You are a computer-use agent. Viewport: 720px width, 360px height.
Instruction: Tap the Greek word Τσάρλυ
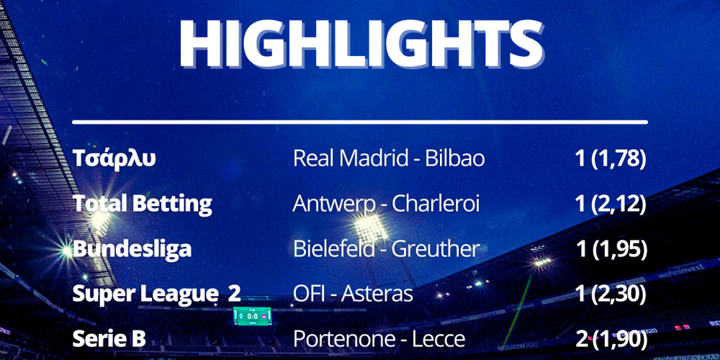[x=114, y=159]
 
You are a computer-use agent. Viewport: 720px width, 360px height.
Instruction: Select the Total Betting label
[x=143, y=204]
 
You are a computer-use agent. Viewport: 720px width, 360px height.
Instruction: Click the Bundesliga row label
[x=132, y=249]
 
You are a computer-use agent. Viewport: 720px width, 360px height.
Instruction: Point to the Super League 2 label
[x=156, y=294]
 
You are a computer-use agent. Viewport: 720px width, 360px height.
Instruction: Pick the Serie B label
[x=109, y=339]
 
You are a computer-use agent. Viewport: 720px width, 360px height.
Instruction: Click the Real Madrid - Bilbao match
[x=389, y=159]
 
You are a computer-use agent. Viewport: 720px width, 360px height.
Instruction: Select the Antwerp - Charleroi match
[x=386, y=204]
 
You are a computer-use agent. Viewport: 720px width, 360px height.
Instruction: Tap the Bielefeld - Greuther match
[x=386, y=249]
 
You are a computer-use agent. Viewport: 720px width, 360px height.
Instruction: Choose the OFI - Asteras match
[x=353, y=294]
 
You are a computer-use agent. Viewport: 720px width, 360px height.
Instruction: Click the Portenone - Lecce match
[x=379, y=339]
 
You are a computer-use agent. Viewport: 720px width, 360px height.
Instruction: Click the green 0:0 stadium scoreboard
[x=252, y=316]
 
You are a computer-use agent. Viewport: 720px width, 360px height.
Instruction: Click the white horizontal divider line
[x=360, y=122]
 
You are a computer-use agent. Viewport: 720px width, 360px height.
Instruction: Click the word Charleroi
[x=436, y=204]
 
